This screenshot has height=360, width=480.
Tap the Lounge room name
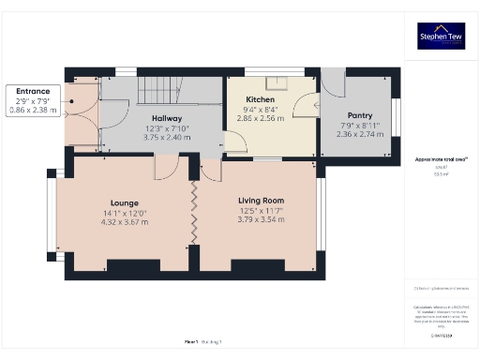point(124,202)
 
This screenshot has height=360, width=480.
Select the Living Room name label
point(261,201)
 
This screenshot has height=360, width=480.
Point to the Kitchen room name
point(260,99)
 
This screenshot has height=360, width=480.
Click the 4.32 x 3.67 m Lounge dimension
point(124,221)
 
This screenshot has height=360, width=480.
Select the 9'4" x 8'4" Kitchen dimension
point(260,110)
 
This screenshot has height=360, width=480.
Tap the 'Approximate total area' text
point(440,160)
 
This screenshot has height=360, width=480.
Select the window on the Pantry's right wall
point(395,116)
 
